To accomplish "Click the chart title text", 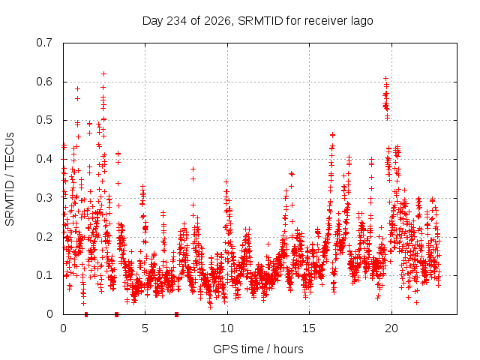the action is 258,21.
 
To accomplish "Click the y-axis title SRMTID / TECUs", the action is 10,179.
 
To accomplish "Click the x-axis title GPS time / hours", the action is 258,349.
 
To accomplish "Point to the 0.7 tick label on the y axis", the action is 44,43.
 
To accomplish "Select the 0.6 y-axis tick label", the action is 44,82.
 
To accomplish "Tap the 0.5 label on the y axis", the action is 44,120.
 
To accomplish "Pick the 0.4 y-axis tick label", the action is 44,159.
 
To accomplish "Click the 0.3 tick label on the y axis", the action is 44,198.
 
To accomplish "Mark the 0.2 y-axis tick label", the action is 44,237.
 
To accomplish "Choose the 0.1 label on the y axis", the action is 44,275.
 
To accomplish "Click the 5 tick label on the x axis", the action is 145,328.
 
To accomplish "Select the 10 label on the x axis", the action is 227,328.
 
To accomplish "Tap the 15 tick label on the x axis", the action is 309,328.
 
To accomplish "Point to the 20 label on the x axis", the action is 391,328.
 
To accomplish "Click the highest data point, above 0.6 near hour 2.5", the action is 103,73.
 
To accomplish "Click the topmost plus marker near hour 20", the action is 386,78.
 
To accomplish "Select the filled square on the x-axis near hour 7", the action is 177,314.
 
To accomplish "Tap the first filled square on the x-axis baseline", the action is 86,314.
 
